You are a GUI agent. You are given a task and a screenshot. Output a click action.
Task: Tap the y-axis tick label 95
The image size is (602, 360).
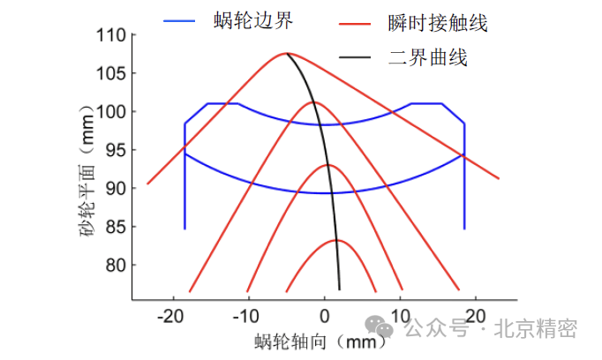115,150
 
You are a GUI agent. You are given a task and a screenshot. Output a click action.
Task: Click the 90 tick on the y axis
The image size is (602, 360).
115,189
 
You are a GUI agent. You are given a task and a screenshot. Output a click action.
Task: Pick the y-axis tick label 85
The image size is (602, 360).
115,227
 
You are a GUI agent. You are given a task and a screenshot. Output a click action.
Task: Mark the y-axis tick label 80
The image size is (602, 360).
115,266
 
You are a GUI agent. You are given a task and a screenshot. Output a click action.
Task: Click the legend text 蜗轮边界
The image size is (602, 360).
252,19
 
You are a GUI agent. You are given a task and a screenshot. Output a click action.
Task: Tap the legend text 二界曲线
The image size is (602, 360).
427,59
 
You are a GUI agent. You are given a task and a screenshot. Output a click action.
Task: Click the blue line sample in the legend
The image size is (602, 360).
184,19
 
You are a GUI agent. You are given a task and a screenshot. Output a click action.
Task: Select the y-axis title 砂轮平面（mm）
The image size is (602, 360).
86,175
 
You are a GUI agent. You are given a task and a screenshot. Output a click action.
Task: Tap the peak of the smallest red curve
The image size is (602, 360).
337,240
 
